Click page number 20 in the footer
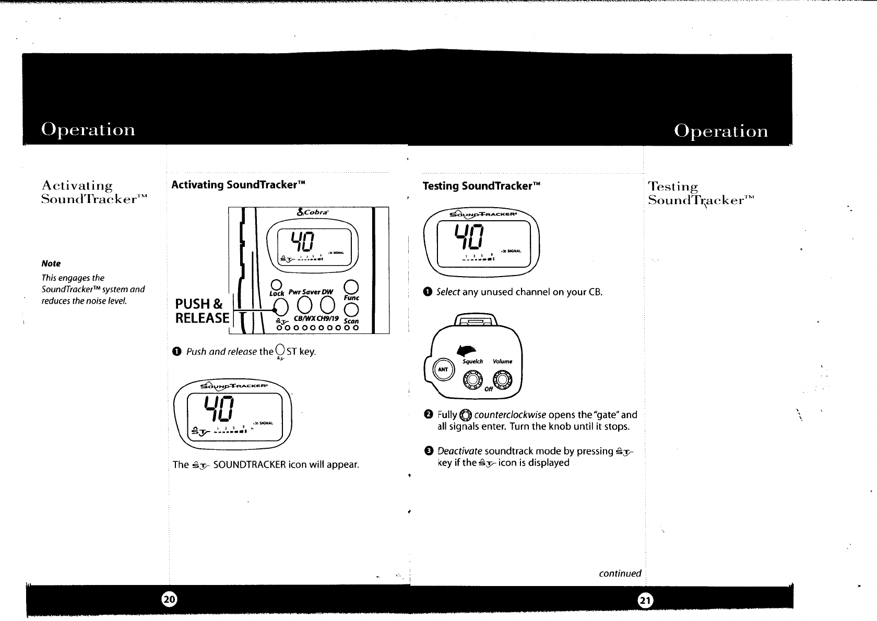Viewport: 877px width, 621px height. pyautogui.click(x=169, y=600)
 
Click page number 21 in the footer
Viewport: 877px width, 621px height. pyautogui.click(x=645, y=601)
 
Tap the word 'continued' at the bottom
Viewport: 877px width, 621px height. pyautogui.click(x=620, y=574)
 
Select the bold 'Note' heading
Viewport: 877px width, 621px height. pyautogui.click(x=51, y=264)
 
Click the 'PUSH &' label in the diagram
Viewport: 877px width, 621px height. pyautogui.click(x=199, y=304)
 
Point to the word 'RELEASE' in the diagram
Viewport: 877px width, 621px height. pyautogui.click(x=202, y=318)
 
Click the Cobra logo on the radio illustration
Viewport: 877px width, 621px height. pyautogui.click(x=312, y=212)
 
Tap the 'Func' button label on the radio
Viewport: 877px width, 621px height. pyautogui.click(x=352, y=297)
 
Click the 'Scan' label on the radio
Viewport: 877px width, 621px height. pyautogui.click(x=352, y=320)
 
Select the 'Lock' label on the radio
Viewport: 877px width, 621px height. pyautogui.click(x=277, y=293)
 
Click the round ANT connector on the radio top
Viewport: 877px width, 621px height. pyautogui.click(x=443, y=368)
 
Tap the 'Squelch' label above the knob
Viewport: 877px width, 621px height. pyautogui.click(x=472, y=361)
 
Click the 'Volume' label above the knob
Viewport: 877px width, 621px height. pyautogui.click(x=502, y=361)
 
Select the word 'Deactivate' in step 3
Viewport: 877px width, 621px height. pyautogui.click(x=459, y=451)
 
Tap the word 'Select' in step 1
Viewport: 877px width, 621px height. pyautogui.click(x=448, y=292)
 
